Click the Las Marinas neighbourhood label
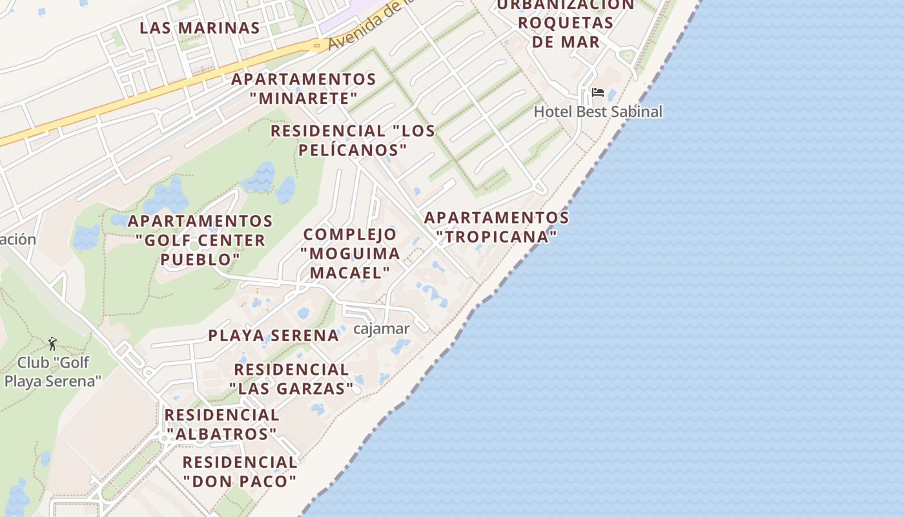coord(200,28)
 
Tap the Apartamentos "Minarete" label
coord(303,89)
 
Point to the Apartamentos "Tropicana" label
coord(496,227)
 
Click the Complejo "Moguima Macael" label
coord(350,253)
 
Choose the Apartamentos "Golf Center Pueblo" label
coord(200,240)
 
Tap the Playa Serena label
coord(273,335)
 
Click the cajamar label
coord(381,329)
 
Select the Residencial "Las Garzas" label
coord(291,379)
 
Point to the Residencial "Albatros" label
coord(221,424)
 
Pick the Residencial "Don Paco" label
coord(240,472)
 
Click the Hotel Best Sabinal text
coord(598,112)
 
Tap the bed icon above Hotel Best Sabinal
coord(598,92)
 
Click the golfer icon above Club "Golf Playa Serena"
coord(52,343)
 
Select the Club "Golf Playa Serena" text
coord(53,372)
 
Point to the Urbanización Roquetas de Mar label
coord(566,23)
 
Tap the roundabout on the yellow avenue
coord(316,45)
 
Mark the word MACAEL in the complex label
coord(350,272)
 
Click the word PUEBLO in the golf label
coord(200,259)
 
